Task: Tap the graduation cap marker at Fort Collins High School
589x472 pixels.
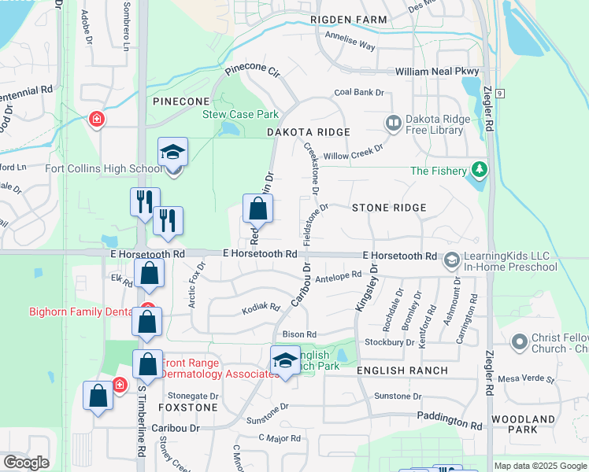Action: tap(173, 153)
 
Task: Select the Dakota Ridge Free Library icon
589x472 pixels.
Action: tap(393, 124)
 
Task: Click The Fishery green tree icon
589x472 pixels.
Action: tap(478, 170)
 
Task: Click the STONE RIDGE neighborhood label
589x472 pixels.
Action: tap(389, 208)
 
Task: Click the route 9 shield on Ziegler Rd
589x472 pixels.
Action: tap(499, 93)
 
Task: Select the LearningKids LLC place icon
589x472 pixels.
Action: tap(452, 259)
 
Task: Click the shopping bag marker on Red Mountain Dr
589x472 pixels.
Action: tap(257, 209)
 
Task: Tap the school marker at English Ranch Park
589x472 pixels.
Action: tap(285, 361)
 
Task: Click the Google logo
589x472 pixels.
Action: tap(26, 463)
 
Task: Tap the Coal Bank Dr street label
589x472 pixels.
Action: tap(358, 92)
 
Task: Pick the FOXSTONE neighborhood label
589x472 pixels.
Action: tap(187, 408)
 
